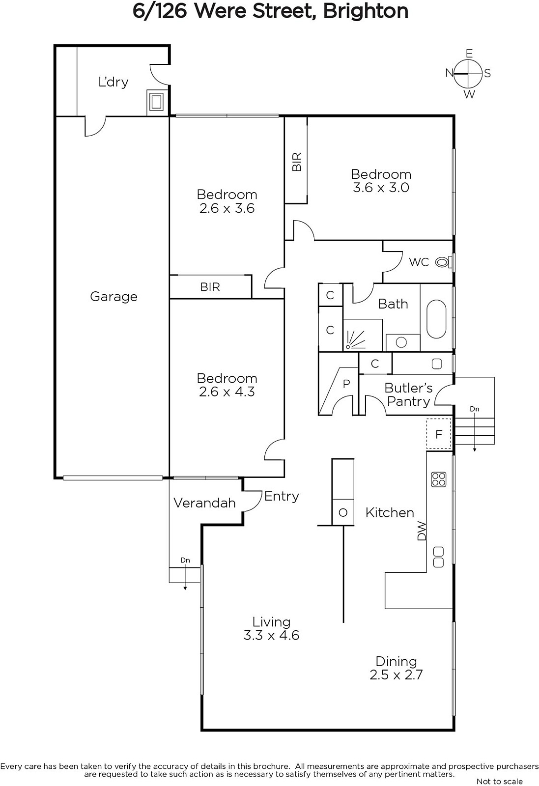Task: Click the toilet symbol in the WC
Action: pos(443,262)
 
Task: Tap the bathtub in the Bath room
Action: pos(436,319)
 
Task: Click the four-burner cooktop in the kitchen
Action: pos(438,479)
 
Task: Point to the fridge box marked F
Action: pos(439,434)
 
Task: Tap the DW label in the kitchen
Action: pos(421,531)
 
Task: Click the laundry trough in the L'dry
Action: pos(155,102)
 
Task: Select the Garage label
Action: pos(113,297)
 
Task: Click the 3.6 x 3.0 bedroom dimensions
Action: pos(381,187)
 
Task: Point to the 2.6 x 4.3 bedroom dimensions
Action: pos(227,392)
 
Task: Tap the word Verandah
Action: pos(204,503)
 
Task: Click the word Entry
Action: pos(282,497)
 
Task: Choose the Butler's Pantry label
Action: pos(408,395)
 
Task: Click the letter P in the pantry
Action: pos(346,384)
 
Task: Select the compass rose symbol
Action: pos(468,74)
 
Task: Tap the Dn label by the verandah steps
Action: pos(185,560)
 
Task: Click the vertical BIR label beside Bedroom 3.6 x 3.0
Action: pos(297,162)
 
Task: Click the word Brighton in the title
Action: pos(366,12)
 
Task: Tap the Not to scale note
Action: pos(499,781)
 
